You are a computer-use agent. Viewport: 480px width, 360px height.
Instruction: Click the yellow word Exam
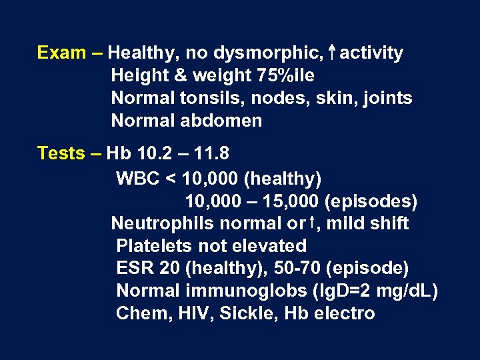point(61,53)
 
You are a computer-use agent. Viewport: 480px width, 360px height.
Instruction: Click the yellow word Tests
point(61,154)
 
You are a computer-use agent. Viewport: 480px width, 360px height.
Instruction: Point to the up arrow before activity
point(331,52)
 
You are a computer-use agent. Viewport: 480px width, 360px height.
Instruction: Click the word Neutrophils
point(160,223)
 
